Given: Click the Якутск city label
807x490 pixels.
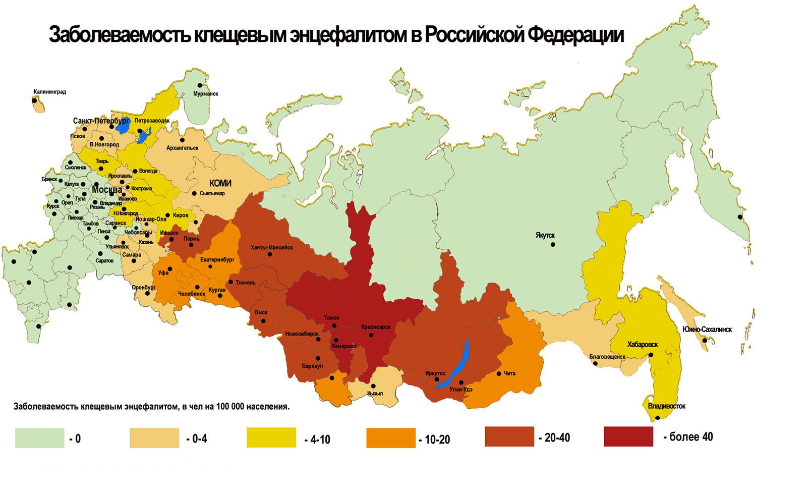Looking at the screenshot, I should pos(545,235).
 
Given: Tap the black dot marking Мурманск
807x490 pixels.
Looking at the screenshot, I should pos(200,85).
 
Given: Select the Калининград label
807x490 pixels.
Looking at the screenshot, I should pos(49,92).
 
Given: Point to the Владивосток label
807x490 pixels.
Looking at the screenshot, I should pos(667,406).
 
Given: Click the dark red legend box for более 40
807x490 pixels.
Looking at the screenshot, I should pos(628,437).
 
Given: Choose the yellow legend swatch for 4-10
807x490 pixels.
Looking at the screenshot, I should pos(271,438).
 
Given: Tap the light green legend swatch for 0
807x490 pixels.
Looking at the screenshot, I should pos(39,438).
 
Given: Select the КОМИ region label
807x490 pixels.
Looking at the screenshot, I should pos(220,183).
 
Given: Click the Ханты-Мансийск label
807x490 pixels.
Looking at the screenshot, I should pos(271,247).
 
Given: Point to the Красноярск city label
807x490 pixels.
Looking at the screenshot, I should pos(376,327).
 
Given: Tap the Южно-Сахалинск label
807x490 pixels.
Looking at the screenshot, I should pos(707,330).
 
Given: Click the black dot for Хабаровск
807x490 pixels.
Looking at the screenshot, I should pos(651,355).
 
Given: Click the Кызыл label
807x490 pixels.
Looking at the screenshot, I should pos(375,393).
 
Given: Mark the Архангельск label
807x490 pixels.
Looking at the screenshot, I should pos(182,148).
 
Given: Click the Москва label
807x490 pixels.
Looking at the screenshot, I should pos(106,189).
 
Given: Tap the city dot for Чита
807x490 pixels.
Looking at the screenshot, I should pos(499,374).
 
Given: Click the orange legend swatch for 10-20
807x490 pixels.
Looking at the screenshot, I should pos(391,438).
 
